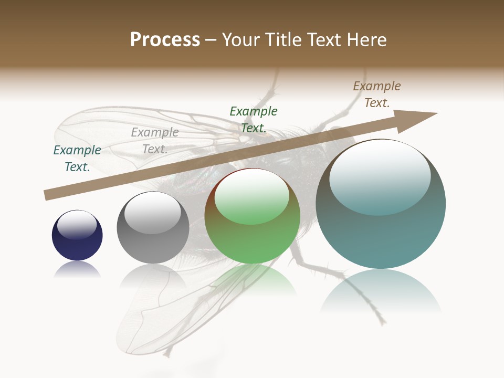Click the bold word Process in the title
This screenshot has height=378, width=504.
coord(165,40)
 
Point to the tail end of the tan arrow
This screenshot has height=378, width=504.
coord(47,195)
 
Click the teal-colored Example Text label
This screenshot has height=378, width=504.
coord(77,158)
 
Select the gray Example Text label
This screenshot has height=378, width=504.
coord(155,140)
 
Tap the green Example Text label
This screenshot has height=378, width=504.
coord(254,119)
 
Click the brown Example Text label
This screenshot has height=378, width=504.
coord(377,94)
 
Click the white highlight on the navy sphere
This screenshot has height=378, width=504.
coord(77,225)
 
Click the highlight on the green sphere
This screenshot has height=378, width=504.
coord(251,197)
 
